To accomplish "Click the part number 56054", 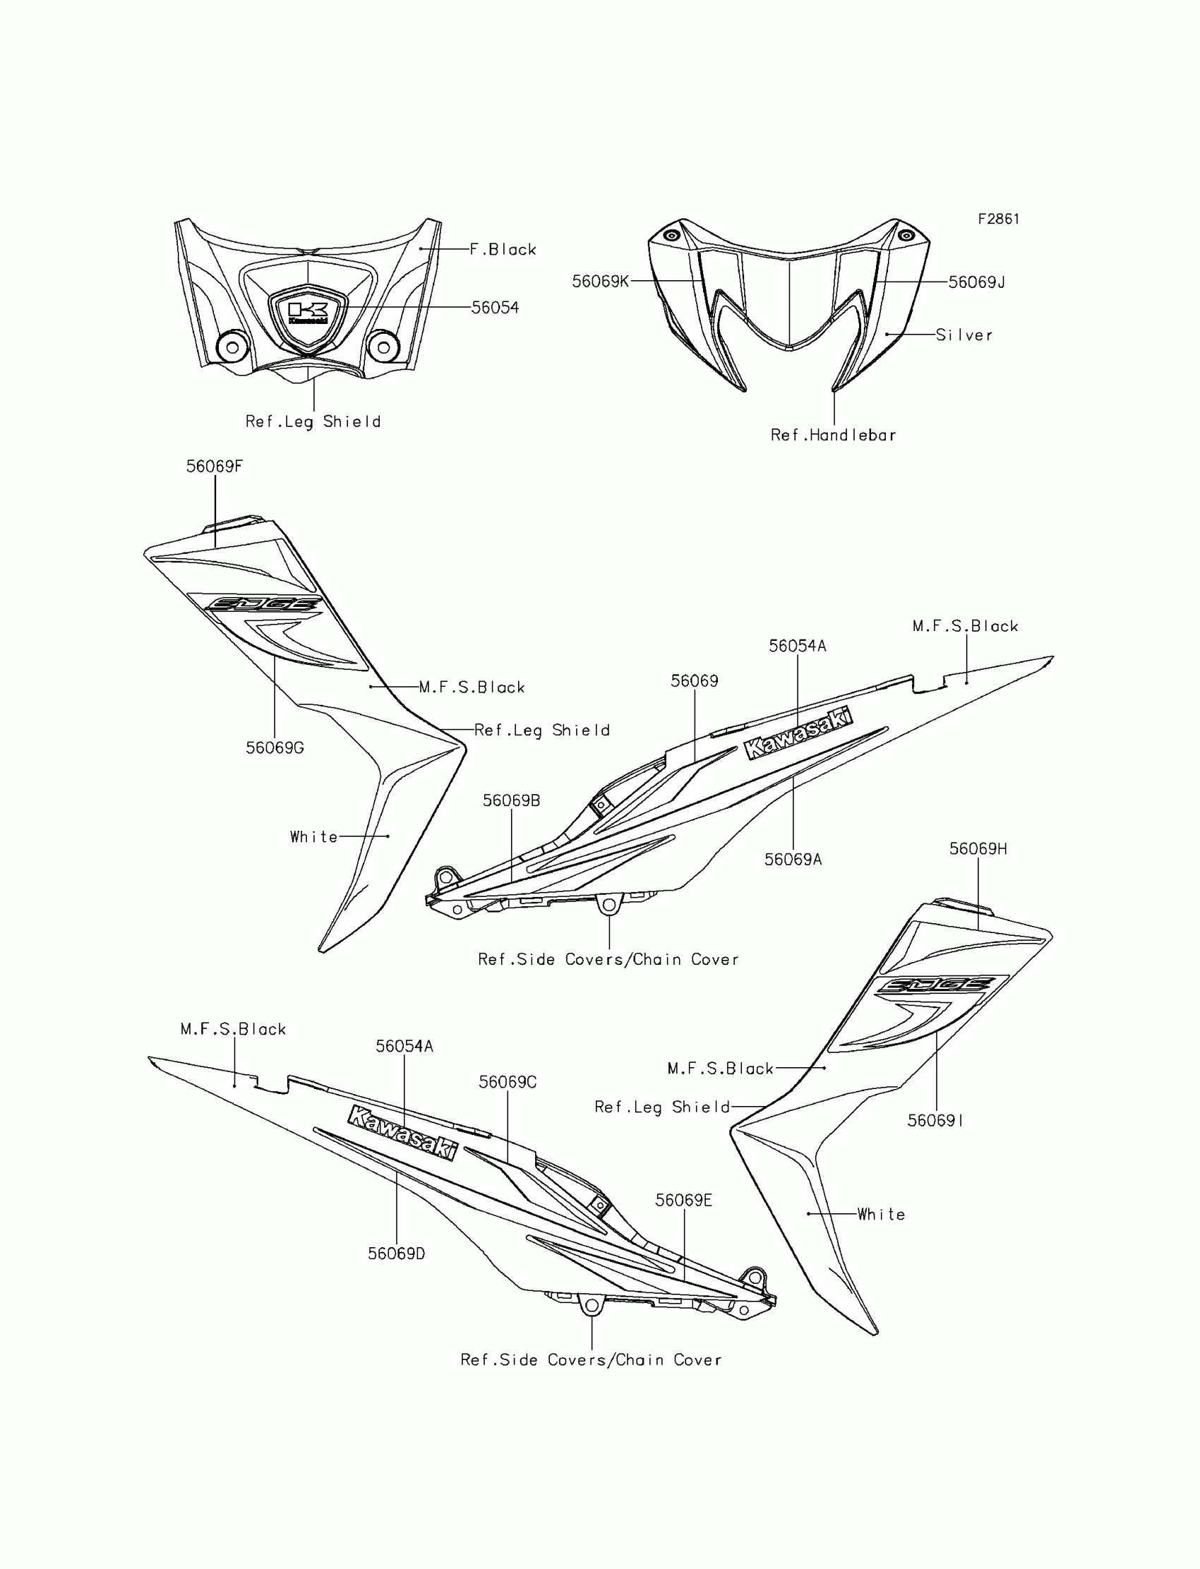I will tap(495, 308).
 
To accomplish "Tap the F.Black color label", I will tap(503, 249).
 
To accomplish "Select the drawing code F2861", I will tap(999, 220).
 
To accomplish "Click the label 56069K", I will tap(600, 282).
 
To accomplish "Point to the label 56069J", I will tap(976, 282).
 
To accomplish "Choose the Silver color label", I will tap(964, 335).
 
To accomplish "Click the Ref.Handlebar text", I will tap(833, 435).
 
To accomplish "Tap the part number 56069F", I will tap(215, 467).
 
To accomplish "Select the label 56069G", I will tap(275, 747).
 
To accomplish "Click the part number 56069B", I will tap(512, 800).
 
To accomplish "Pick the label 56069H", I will tap(978, 848).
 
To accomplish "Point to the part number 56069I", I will tap(935, 1121).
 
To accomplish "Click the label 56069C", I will tap(507, 1082).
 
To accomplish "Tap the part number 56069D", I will tap(397, 1254).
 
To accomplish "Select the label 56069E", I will tap(683, 1201).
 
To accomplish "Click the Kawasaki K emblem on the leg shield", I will tap(308, 312).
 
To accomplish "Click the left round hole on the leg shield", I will tap(232, 348).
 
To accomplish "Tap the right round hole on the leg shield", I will tap(383, 348).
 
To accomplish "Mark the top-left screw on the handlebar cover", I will tap(671, 236).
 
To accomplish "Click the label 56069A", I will tap(793, 859).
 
